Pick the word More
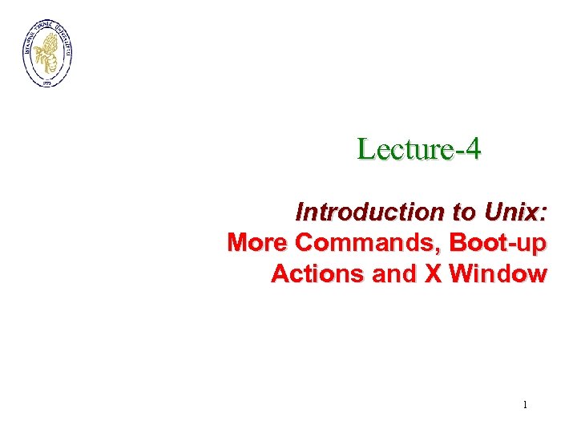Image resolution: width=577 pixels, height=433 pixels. coord(258,242)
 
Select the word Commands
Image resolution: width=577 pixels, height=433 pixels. coord(369,242)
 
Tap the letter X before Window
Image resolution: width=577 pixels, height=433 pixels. coord(433,273)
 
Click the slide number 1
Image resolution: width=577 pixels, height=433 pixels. coord(525,405)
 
